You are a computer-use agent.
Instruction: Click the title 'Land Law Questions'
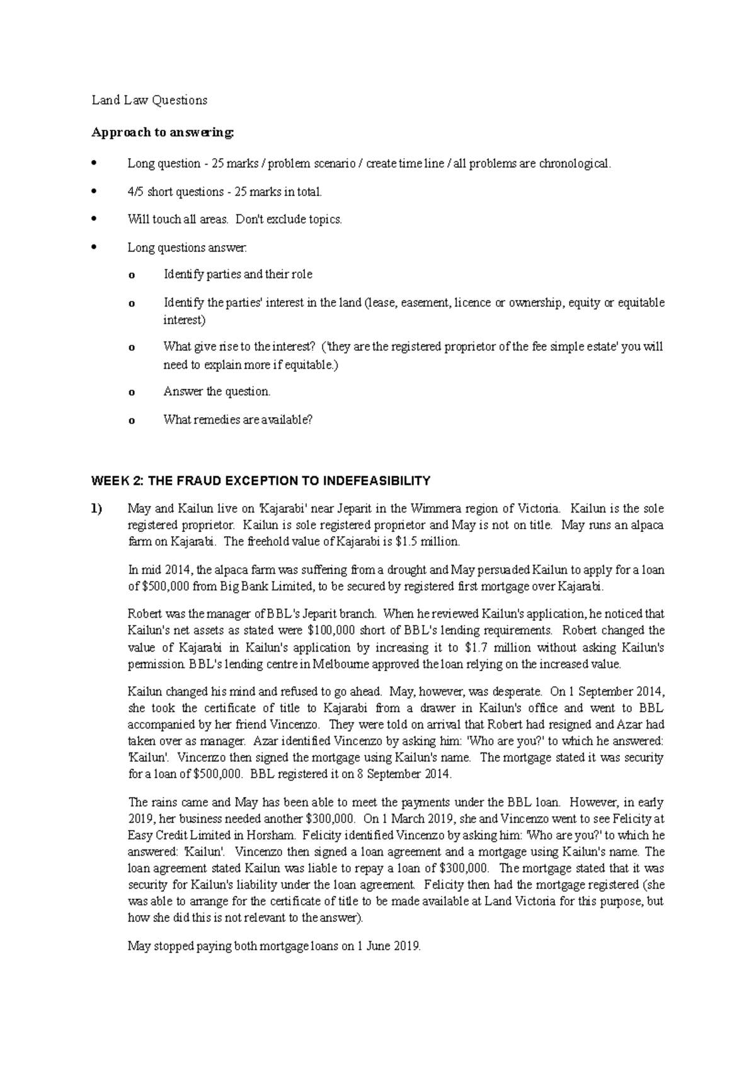click(x=149, y=100)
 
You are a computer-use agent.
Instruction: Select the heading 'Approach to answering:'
click(x=163, y=132)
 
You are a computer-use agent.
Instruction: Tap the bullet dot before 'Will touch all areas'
click(x=94, y=219)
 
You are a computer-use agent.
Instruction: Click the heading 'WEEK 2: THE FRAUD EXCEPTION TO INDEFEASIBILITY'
click(x=261, y=481)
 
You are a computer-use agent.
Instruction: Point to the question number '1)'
click(x=97, y=509)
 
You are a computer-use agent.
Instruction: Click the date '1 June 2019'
click(x=387, y=946)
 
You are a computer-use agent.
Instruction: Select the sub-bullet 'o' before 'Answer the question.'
click(x=131, y=393)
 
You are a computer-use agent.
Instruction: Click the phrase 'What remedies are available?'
click(x=238, y=420)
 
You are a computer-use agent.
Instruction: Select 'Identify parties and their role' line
click(x=238, y=275)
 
